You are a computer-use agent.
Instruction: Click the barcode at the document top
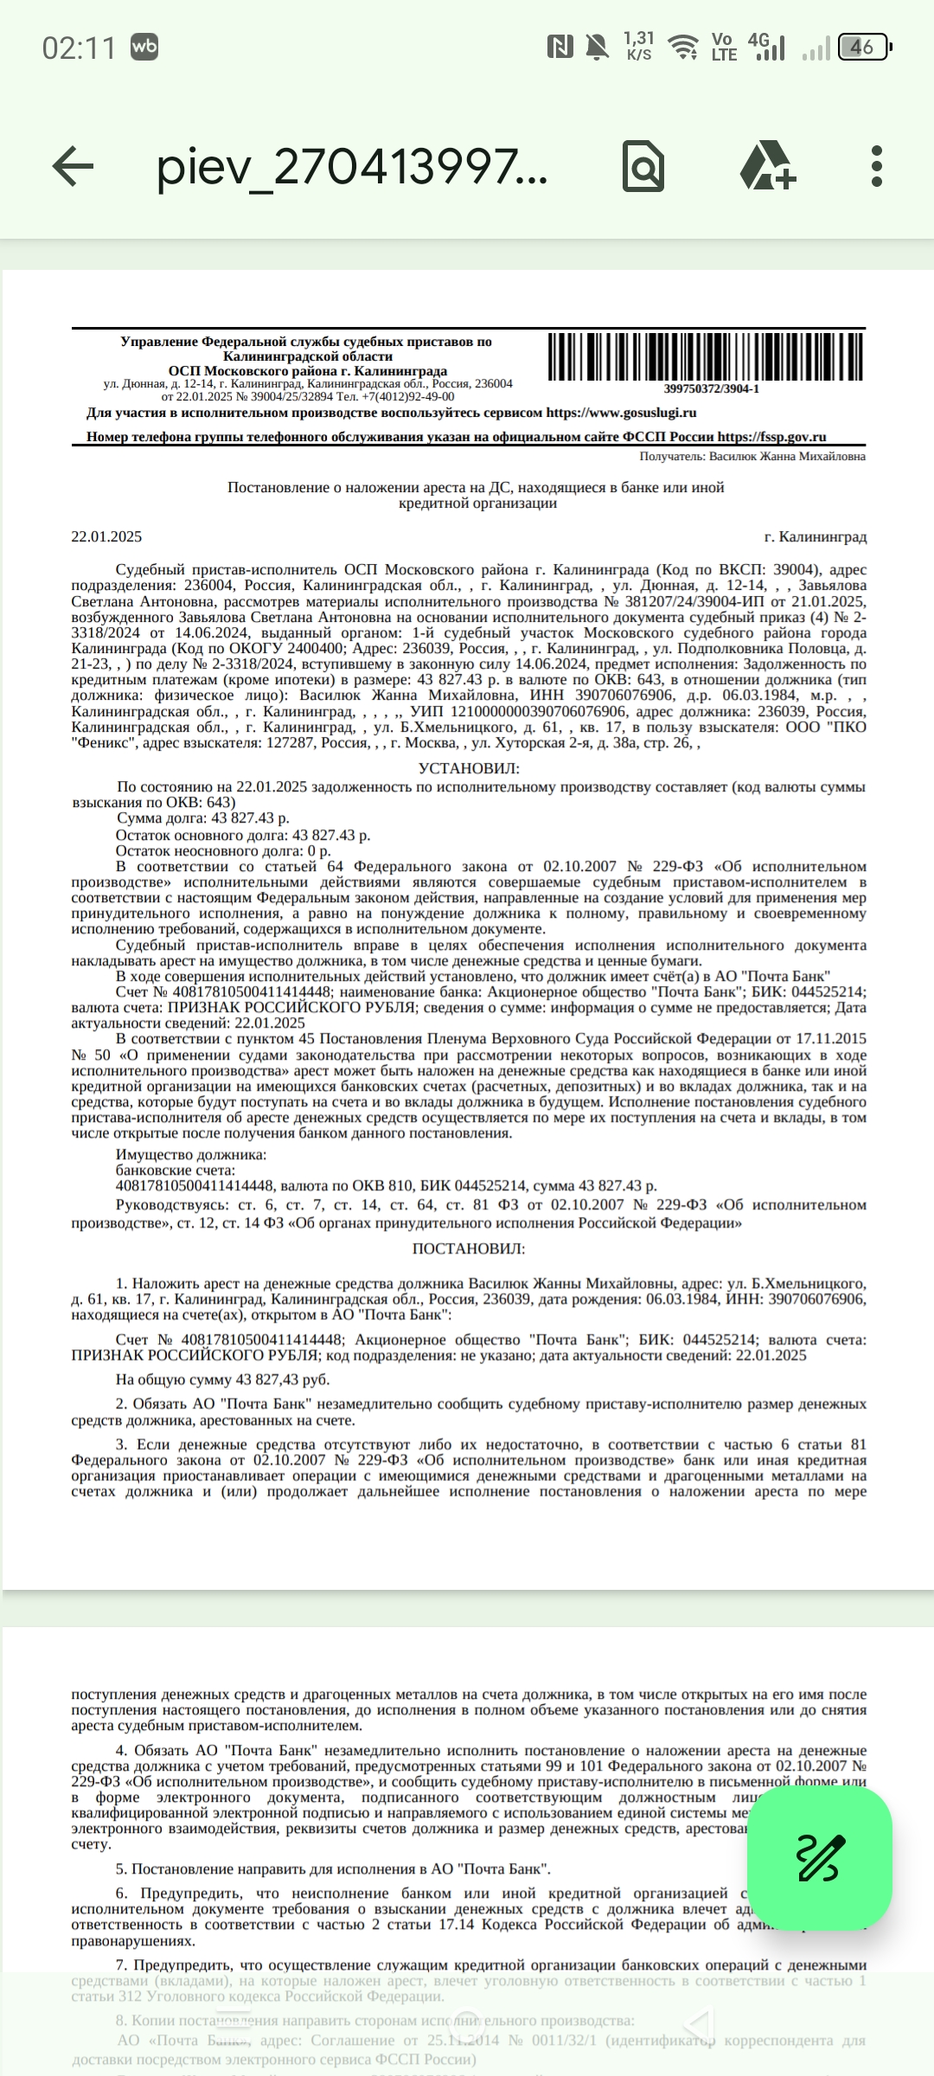point(706,357)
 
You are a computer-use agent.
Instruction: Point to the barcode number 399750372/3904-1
point(711,389)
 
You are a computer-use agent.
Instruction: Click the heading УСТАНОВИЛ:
point(469,768)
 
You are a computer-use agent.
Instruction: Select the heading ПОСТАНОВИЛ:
point(469,1248)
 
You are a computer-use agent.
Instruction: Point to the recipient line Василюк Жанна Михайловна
point(752,457)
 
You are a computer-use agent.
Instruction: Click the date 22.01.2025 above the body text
point(106,537)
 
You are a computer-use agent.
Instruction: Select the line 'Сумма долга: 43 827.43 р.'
point(202,818)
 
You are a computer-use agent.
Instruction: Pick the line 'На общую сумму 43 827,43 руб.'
point(222,1380)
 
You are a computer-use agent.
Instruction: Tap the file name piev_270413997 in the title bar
point(351,166)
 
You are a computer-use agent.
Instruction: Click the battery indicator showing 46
point(865,48)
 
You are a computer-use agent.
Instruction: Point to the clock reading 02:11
point(79,48)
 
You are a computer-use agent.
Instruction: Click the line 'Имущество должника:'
point(191,1155)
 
